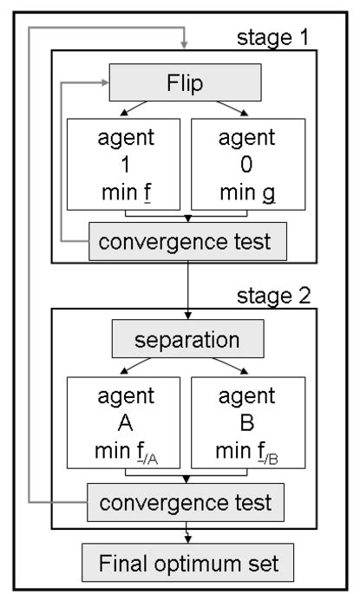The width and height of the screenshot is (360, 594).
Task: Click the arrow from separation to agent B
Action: pyautogui.click(x=230, y=369)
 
